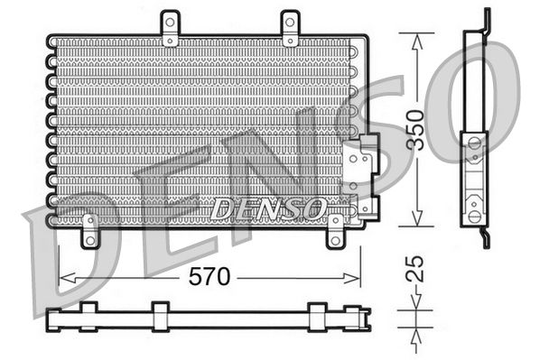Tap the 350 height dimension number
pos(438,128)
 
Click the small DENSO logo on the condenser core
pos(268,208)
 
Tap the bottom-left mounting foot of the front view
pos(89,232)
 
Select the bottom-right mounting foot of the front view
pos(335,232)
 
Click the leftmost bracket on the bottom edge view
pos(88,315)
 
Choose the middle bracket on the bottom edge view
pos(160,315)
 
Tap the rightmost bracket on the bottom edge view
pos(317,315)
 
